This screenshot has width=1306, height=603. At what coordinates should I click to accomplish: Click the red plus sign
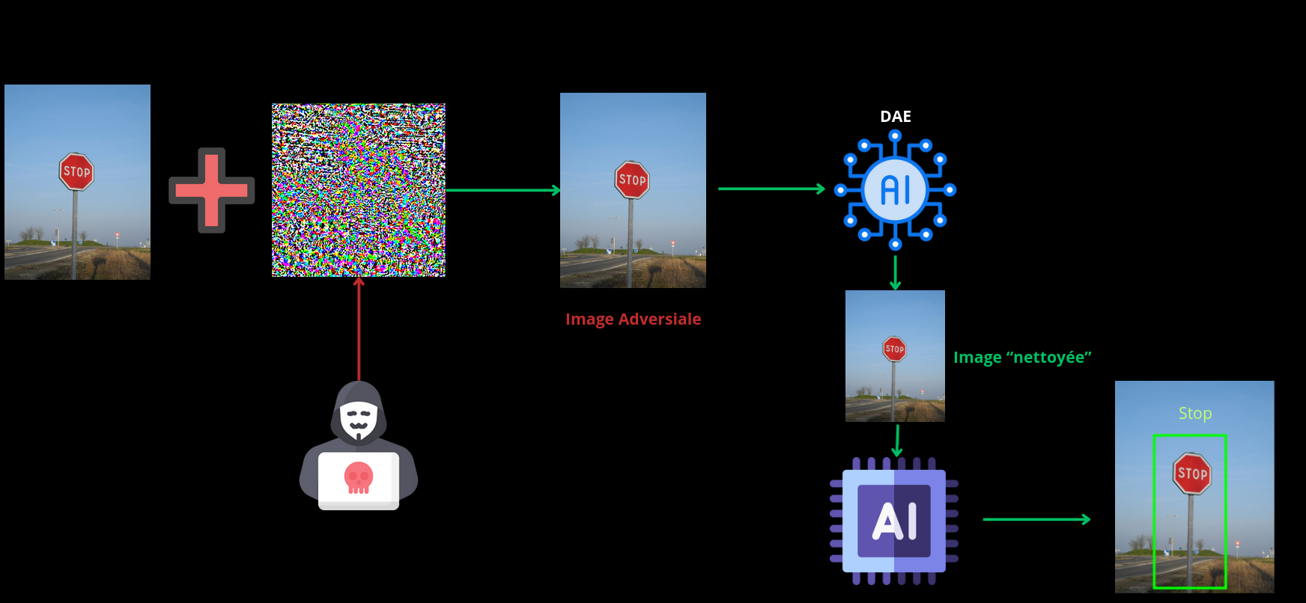point(211,190)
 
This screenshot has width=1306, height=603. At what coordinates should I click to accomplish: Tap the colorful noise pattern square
point(358,190)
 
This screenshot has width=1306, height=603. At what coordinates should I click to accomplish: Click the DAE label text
point(895,117)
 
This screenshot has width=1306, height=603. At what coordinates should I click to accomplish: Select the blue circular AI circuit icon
point(895,190)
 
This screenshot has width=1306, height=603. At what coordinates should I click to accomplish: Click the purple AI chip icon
point(894,521)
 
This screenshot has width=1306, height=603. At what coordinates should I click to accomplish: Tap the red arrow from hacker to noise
point(359,329)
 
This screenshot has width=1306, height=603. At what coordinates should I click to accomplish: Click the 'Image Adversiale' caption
point(633,319)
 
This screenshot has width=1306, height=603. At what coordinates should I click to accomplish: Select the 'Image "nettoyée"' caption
point(1021,358)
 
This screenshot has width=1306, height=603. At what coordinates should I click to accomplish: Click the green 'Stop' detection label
point(1194,414)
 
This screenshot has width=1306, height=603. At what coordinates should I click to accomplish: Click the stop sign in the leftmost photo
point(76,171)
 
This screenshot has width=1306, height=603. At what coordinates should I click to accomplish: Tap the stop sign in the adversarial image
point(632,180)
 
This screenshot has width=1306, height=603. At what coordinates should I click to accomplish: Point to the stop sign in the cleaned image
point(894,349)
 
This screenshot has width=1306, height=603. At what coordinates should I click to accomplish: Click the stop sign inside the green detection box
point(1191,473)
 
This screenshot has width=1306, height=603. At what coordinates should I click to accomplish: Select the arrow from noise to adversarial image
point(502,190)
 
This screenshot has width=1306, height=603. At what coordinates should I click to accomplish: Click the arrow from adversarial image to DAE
point(771,189)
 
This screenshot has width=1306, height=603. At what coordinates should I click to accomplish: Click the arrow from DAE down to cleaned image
point(895,272)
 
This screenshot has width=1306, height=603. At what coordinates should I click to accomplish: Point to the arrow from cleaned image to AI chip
point(896,440)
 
